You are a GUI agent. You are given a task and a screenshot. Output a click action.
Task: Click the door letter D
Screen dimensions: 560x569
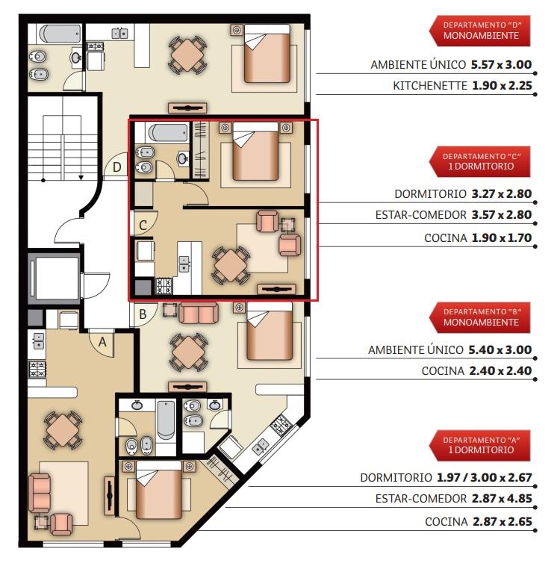(117, 167)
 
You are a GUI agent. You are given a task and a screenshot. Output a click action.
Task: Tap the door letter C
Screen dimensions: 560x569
(143, 226)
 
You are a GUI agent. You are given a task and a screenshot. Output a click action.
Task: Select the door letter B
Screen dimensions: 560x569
(143, 314)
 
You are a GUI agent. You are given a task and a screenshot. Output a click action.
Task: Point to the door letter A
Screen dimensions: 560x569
(103, 342)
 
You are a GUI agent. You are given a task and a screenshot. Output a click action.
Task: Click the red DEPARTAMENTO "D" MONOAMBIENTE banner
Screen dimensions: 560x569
(480, 31)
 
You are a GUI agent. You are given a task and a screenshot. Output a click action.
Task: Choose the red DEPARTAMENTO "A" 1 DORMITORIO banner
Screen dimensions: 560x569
(480, 446)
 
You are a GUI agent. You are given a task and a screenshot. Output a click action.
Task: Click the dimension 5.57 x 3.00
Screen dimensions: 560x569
(501, 65)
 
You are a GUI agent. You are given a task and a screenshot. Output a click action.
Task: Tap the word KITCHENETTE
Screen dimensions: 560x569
(430, 86)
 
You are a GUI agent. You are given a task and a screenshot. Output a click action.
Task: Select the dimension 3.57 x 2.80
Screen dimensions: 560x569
(502, 215)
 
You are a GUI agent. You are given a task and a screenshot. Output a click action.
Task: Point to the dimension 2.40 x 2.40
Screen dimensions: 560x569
(500, 371)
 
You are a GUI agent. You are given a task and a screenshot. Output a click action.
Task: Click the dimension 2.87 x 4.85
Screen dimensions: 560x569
(502, 499)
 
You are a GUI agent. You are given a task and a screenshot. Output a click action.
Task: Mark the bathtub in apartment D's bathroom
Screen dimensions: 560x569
(60, 34)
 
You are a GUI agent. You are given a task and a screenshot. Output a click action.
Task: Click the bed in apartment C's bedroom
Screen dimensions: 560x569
(255, 152)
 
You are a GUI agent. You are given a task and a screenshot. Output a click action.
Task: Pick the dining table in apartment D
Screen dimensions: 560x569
(187, 55)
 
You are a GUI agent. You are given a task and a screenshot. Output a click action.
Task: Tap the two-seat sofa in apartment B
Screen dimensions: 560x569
(199, 313)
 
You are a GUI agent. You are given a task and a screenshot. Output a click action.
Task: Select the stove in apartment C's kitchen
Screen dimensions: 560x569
(164, 286)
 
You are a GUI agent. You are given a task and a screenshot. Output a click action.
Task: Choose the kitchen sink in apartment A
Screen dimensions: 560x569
(39, 341)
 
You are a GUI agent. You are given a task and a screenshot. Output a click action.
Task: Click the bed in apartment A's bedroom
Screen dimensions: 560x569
(158, 490)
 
